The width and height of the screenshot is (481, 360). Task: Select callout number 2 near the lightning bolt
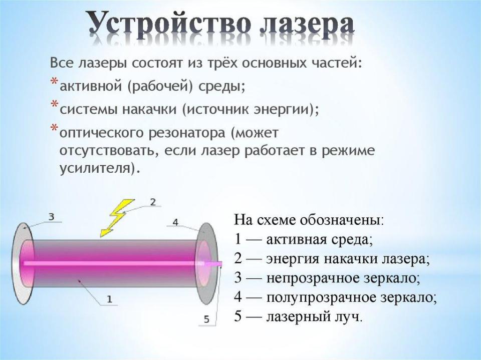152,202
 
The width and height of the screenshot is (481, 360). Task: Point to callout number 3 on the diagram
52,217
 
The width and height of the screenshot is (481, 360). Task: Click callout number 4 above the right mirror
175,221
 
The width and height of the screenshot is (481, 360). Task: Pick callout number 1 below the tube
110,299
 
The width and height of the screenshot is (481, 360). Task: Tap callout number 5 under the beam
206,319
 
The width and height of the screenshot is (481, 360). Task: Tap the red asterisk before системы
54,103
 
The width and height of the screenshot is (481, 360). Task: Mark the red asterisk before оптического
54,127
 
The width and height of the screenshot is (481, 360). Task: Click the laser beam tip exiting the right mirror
221,263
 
